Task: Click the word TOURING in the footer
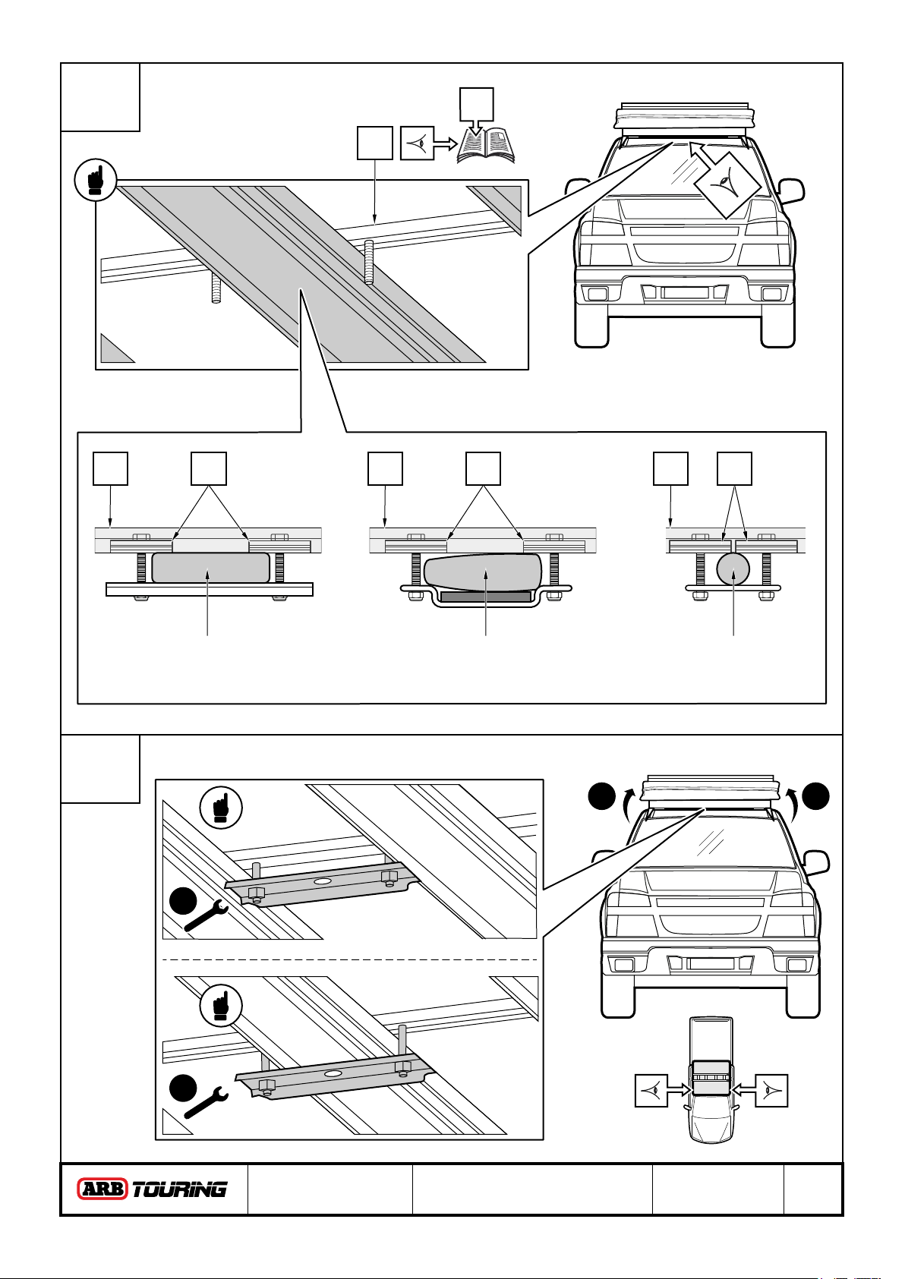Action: coord(180,1189)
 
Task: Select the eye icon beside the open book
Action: coord(418,143)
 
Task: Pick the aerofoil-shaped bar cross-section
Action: coord(482,572)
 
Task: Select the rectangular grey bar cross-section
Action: coord(210,567)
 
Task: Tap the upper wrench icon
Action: coord(206,916)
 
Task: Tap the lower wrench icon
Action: coord(206,1103)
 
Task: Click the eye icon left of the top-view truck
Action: coord(651,1091)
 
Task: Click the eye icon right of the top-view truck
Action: coord(772,1091)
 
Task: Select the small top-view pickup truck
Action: coord(711,1079)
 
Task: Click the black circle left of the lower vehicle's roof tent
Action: coord(602,796)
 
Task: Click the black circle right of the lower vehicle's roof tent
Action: coord(815,796)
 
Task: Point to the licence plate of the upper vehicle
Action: coord(685,292)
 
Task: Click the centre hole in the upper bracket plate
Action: coord(323,882)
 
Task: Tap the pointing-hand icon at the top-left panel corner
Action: coord(96,179)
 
